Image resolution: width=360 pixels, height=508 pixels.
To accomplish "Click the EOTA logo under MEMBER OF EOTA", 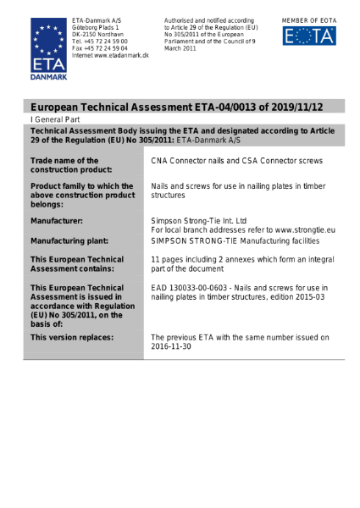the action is click(308, 36).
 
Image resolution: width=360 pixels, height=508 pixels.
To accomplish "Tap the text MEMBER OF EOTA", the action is click(308, 18).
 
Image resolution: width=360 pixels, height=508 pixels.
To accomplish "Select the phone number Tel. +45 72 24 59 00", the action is click(99, 41).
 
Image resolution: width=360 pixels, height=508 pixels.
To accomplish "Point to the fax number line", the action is click(99, 48).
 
